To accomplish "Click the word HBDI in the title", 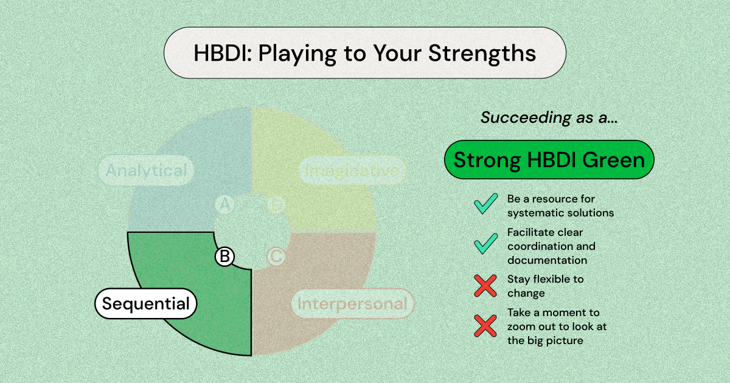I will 221,53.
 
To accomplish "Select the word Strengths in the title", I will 482,53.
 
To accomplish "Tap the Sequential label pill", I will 146,303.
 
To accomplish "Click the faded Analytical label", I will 146,171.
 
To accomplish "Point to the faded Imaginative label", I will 353,171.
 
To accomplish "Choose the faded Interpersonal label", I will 352,303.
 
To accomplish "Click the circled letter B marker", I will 224,257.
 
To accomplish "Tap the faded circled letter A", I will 224,205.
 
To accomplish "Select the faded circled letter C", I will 276,257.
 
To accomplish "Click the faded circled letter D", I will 276,205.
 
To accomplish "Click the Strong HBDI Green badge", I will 549,160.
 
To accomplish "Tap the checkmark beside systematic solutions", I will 486,204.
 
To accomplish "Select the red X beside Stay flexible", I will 486,285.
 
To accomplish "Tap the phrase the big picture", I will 545,340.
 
